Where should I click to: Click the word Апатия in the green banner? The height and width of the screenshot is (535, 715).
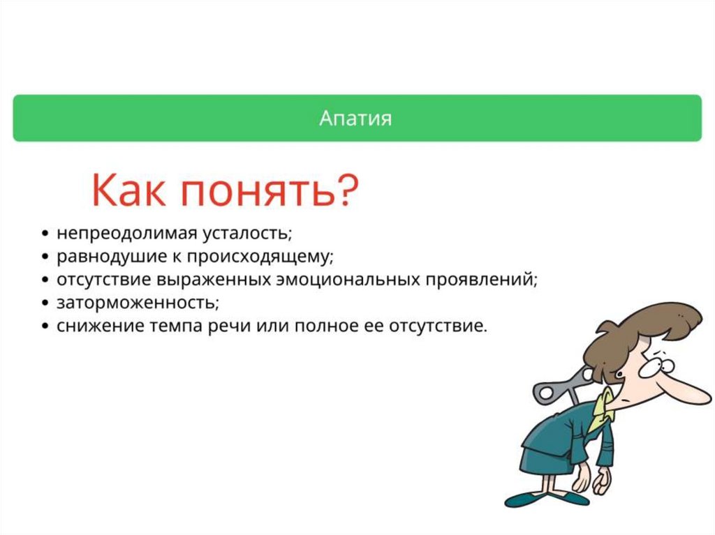355,118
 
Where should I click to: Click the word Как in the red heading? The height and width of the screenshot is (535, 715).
128,190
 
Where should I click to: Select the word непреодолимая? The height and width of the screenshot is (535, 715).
126,234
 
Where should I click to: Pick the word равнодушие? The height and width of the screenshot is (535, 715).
112,257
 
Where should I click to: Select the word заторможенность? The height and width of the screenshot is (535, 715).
138,303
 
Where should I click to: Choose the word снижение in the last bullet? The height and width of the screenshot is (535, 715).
96,326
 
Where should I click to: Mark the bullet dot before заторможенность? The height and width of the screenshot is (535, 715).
45,303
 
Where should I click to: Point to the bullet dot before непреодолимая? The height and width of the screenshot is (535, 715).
45,234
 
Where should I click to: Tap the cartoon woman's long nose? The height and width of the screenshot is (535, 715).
679,391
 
